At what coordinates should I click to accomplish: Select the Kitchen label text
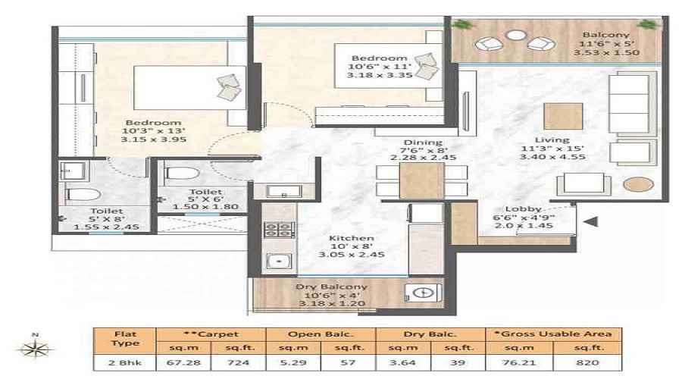tap(346, 238)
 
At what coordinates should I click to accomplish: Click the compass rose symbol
tap(35, 349)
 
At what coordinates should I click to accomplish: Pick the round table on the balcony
tap(515, 34)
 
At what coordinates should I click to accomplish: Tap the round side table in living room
tap(633, 184)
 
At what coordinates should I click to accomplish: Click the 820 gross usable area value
tap(587, 363)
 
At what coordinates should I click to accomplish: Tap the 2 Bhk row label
tap(124, 363)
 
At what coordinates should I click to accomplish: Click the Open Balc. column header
tap(321, 334)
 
